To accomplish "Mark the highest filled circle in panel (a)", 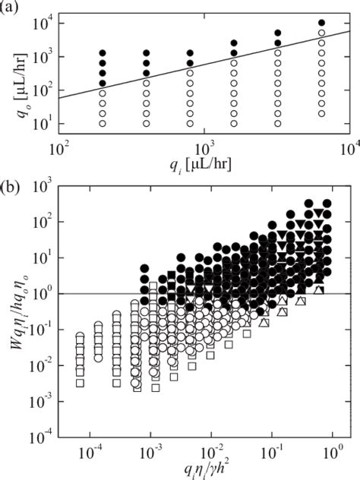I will tap(321, 23).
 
